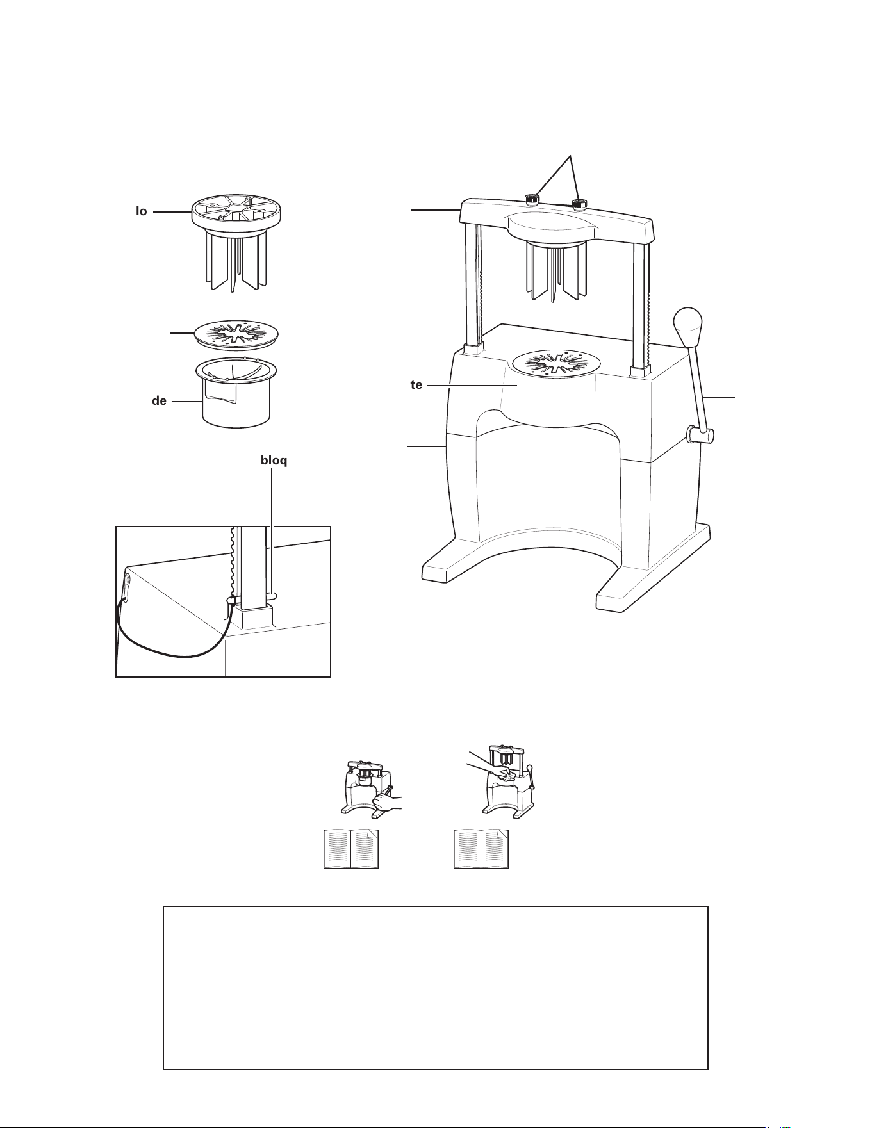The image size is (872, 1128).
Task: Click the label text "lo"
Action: pyautogui.click(x=141, y=211)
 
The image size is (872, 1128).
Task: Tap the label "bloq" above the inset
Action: pyautogui.click(x=274, y=461)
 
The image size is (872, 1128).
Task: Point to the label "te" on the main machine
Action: pyautogui.click(x=416, y=385)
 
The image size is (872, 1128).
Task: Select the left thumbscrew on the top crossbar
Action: pyautogui.click(x=532, y=200)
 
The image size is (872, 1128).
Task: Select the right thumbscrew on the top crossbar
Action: pyautogui.click(x=579, y=204)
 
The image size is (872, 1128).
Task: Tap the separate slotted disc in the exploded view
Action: pyautogui.click(x=236, y=334)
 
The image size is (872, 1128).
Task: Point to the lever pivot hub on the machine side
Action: pyautogui.click(x=700, y=436)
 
